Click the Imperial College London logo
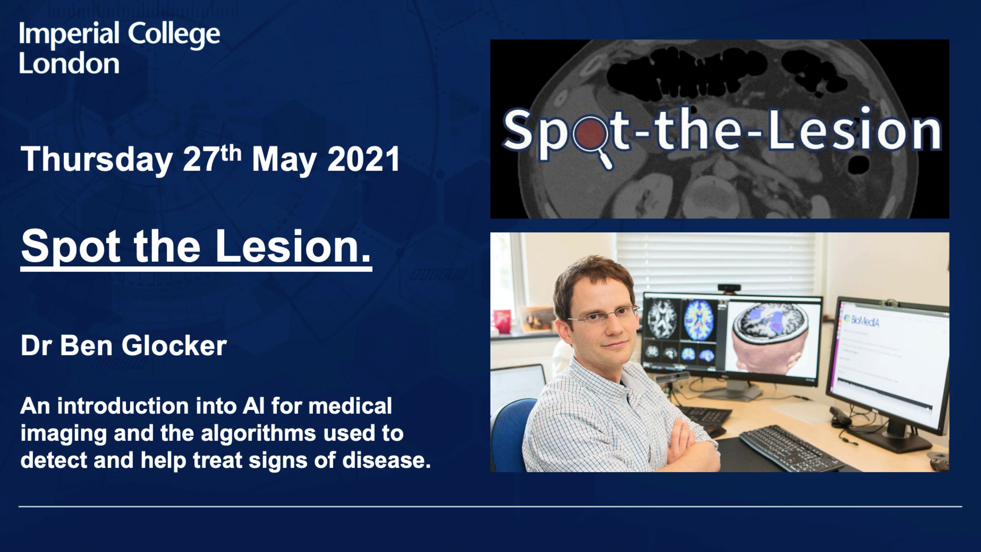120,47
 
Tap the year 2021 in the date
364,159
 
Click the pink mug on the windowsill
502,321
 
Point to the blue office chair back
508,434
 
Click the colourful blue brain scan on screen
698,320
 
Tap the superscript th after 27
231,154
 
